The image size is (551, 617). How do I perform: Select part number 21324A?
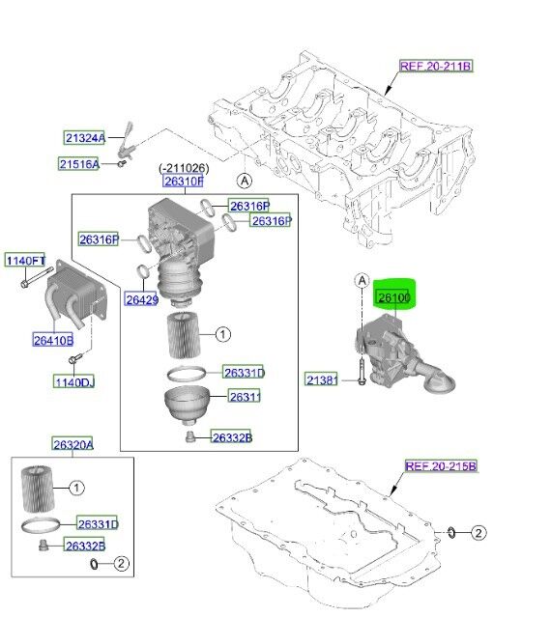coord(86,138)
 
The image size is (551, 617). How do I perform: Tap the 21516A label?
coord(79,165)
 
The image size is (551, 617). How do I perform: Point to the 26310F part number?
coord(183,181)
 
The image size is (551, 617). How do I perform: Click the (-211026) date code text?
coord(183,168)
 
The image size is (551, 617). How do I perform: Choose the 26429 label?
coord(142,299)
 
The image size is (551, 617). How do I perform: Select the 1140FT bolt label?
coord(25,261)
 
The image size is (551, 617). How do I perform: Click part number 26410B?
coord(52,339)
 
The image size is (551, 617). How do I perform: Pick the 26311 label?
coord(245,396)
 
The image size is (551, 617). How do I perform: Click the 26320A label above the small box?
coord(72,443)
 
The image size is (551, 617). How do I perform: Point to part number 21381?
coord(321,380)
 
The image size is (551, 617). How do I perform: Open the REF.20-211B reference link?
coord(435,67)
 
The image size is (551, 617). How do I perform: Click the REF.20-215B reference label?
coord(440,466)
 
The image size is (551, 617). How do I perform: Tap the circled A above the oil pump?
coord(363,281)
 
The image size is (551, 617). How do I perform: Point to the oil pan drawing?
coord(329,541)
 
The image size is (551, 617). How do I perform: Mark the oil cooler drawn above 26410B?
coord(72,294)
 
